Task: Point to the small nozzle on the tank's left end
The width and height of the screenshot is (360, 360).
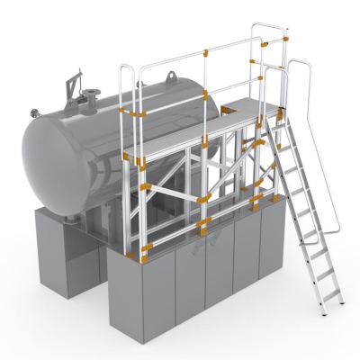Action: click(35, 112)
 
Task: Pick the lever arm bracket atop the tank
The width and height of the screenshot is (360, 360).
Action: click(68, 89)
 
